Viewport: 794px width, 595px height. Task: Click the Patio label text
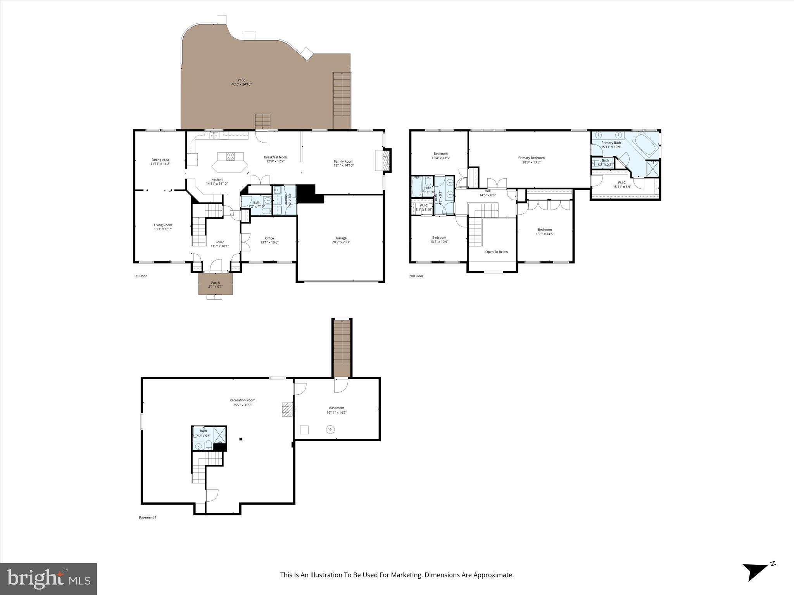pos(241,80)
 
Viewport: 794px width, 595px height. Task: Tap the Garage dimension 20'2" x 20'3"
pos(341,242)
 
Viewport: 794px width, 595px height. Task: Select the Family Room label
pos(343,161)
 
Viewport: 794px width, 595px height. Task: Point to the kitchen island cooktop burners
pos(230,156)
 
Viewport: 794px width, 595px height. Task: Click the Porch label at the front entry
pos(215,283)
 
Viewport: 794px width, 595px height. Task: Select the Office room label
pos(269,238)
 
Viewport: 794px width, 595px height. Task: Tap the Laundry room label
pos(286,199)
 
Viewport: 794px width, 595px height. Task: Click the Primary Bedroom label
pos(531,158)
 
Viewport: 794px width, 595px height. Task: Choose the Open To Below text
pos(496,252)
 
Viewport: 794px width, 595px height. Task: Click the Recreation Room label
pos(242,400)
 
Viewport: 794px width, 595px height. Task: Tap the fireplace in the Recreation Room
pos(287,409)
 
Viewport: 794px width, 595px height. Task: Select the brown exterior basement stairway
pos(342,347)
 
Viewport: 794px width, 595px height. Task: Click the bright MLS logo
pos(48,579)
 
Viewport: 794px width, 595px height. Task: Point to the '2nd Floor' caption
pos(416,276)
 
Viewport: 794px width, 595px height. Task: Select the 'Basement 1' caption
pos(147,517)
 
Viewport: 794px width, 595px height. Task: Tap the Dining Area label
pos(160,160)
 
